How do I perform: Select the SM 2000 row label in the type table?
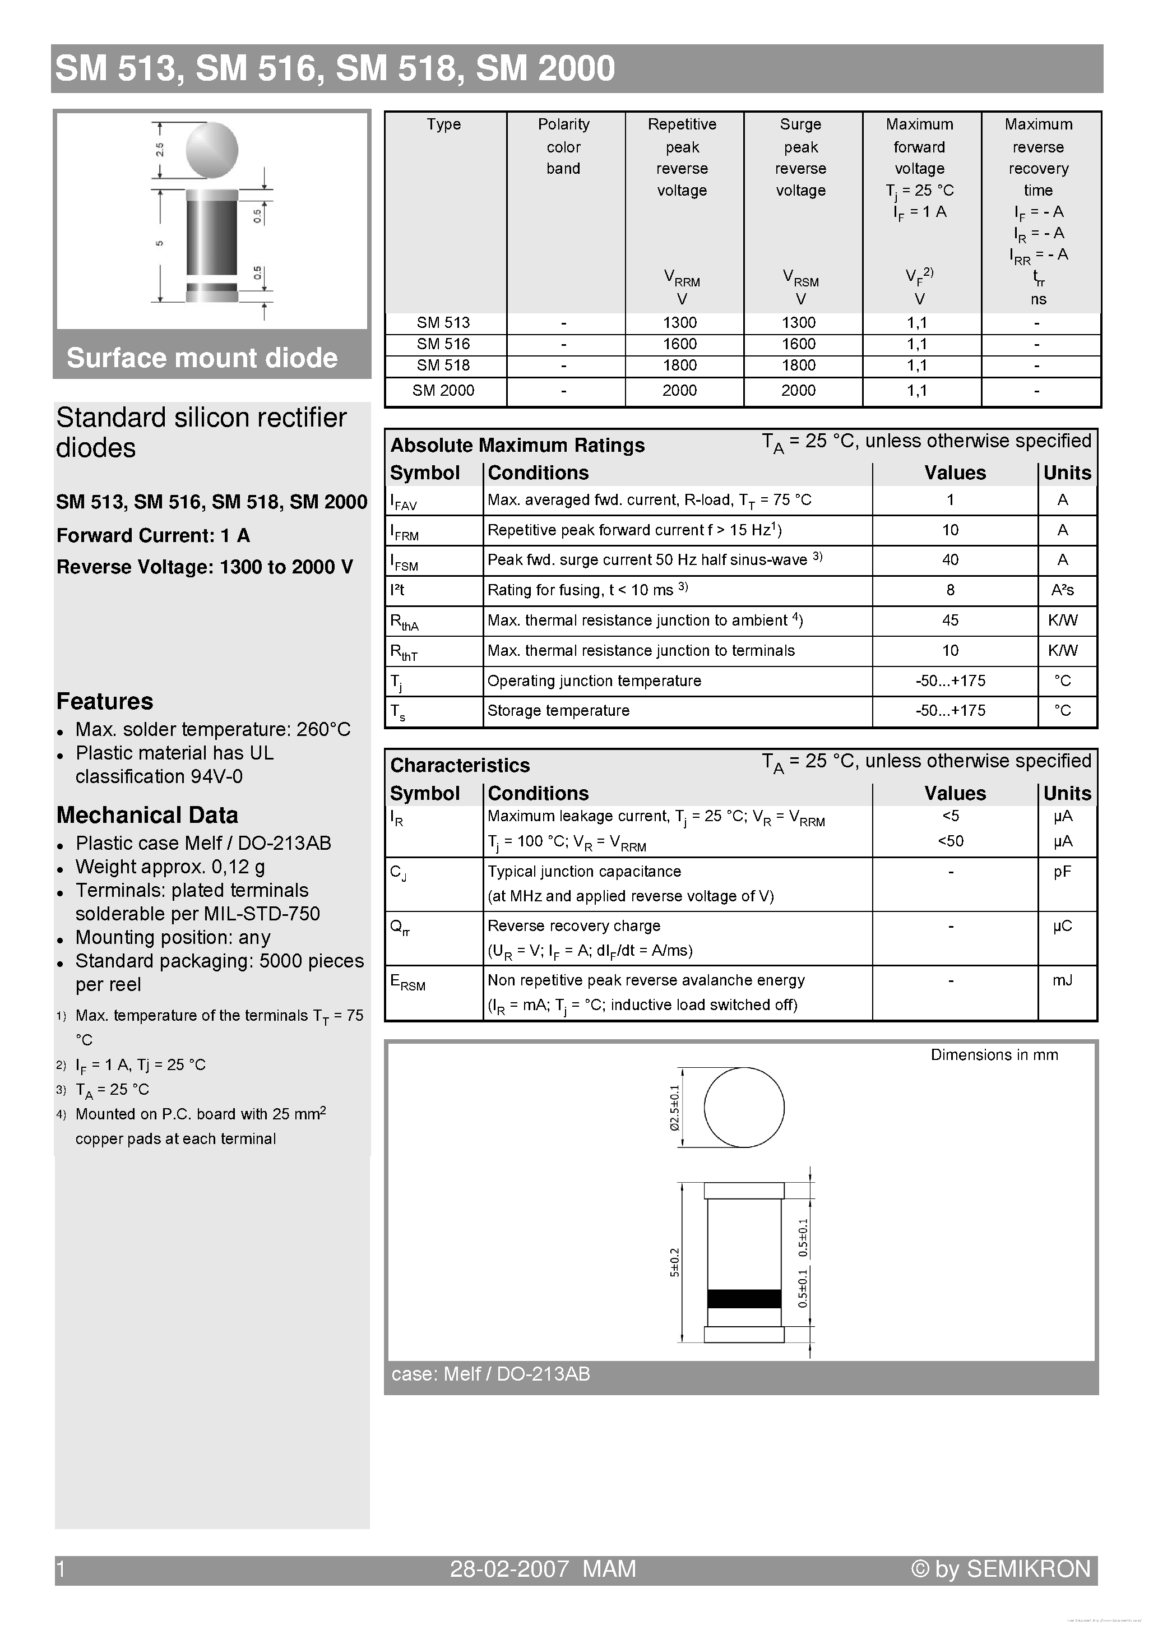(x=443, y=391)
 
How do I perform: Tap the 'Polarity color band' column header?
(x=563, y=146)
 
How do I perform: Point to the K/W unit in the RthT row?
(x=1062, y=650)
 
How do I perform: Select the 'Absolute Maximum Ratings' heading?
(x=517, y=446)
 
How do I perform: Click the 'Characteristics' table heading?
(x=460, y=765)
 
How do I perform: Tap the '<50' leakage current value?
(x=950, y=841)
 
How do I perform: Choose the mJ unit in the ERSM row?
(x=1062, y=980)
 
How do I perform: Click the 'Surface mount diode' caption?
(x=202, y=358)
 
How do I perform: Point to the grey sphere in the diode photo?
(x=211, y=150)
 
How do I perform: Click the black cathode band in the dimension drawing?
(x=743, y=1299)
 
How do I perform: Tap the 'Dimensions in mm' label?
(x=994, y=1055)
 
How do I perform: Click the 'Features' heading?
(x=105, y=701)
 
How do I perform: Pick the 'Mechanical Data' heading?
(x=147, y=815)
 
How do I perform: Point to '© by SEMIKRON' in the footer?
(x=1001, y=1568)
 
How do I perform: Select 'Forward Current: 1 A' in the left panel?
(x=153, y=535)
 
